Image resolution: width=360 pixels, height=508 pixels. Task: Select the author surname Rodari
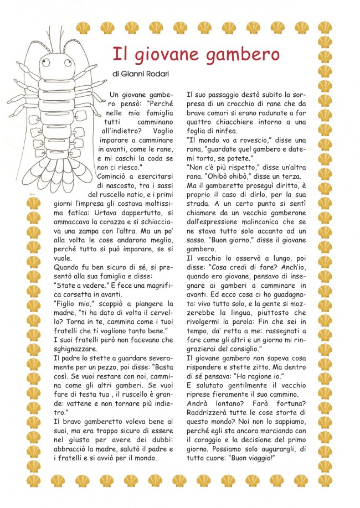pyautogui.click(x=169, y=74)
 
